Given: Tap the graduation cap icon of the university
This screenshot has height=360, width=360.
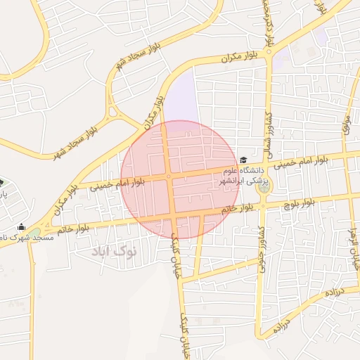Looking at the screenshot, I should pos(243,161).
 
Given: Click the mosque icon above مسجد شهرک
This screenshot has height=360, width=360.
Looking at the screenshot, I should pos(21,227).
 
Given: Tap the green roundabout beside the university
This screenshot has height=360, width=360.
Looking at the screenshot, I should pos(264,187).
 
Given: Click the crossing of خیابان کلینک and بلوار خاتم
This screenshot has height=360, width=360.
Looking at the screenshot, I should pos(173,216).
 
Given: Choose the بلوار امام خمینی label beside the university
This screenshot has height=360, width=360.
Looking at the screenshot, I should pos(300,163).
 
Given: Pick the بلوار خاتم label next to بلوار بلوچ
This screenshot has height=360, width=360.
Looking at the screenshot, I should pos(238,209).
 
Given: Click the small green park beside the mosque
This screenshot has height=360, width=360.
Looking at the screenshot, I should pos(34,233).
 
